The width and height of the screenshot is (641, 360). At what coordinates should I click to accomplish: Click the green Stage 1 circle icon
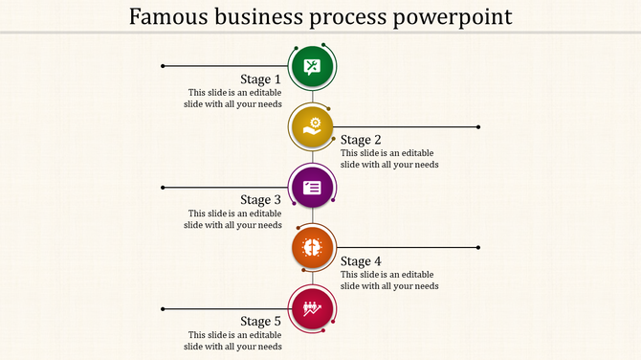(312, 66)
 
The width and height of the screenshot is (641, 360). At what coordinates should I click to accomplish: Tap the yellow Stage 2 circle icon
(312, 126)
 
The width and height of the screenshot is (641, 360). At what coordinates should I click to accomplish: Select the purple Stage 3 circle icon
(312, 187)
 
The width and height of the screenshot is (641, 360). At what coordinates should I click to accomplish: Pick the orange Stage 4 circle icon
(312, 247)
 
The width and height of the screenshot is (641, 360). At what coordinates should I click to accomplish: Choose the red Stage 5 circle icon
(312, 308)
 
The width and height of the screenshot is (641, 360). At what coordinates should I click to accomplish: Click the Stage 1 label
(260, 79)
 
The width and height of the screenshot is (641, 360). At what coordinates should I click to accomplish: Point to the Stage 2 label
(362, 140)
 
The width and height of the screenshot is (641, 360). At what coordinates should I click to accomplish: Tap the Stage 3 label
(260, 200)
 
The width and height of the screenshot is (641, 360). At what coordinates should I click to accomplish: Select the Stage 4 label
(362, 261)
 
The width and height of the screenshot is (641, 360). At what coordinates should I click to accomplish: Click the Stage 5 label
(260, 322)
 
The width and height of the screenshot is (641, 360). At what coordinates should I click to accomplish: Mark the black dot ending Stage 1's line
(164, 66)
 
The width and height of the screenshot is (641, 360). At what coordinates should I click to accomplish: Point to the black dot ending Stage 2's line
(478, 126)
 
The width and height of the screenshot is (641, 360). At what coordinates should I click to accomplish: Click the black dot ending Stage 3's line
(164, 187)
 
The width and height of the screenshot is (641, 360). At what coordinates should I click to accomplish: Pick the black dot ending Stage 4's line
(478, 247)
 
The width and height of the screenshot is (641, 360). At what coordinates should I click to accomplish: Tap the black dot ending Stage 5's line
(164, 308)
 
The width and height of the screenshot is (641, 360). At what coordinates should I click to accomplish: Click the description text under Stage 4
(389, 280)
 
